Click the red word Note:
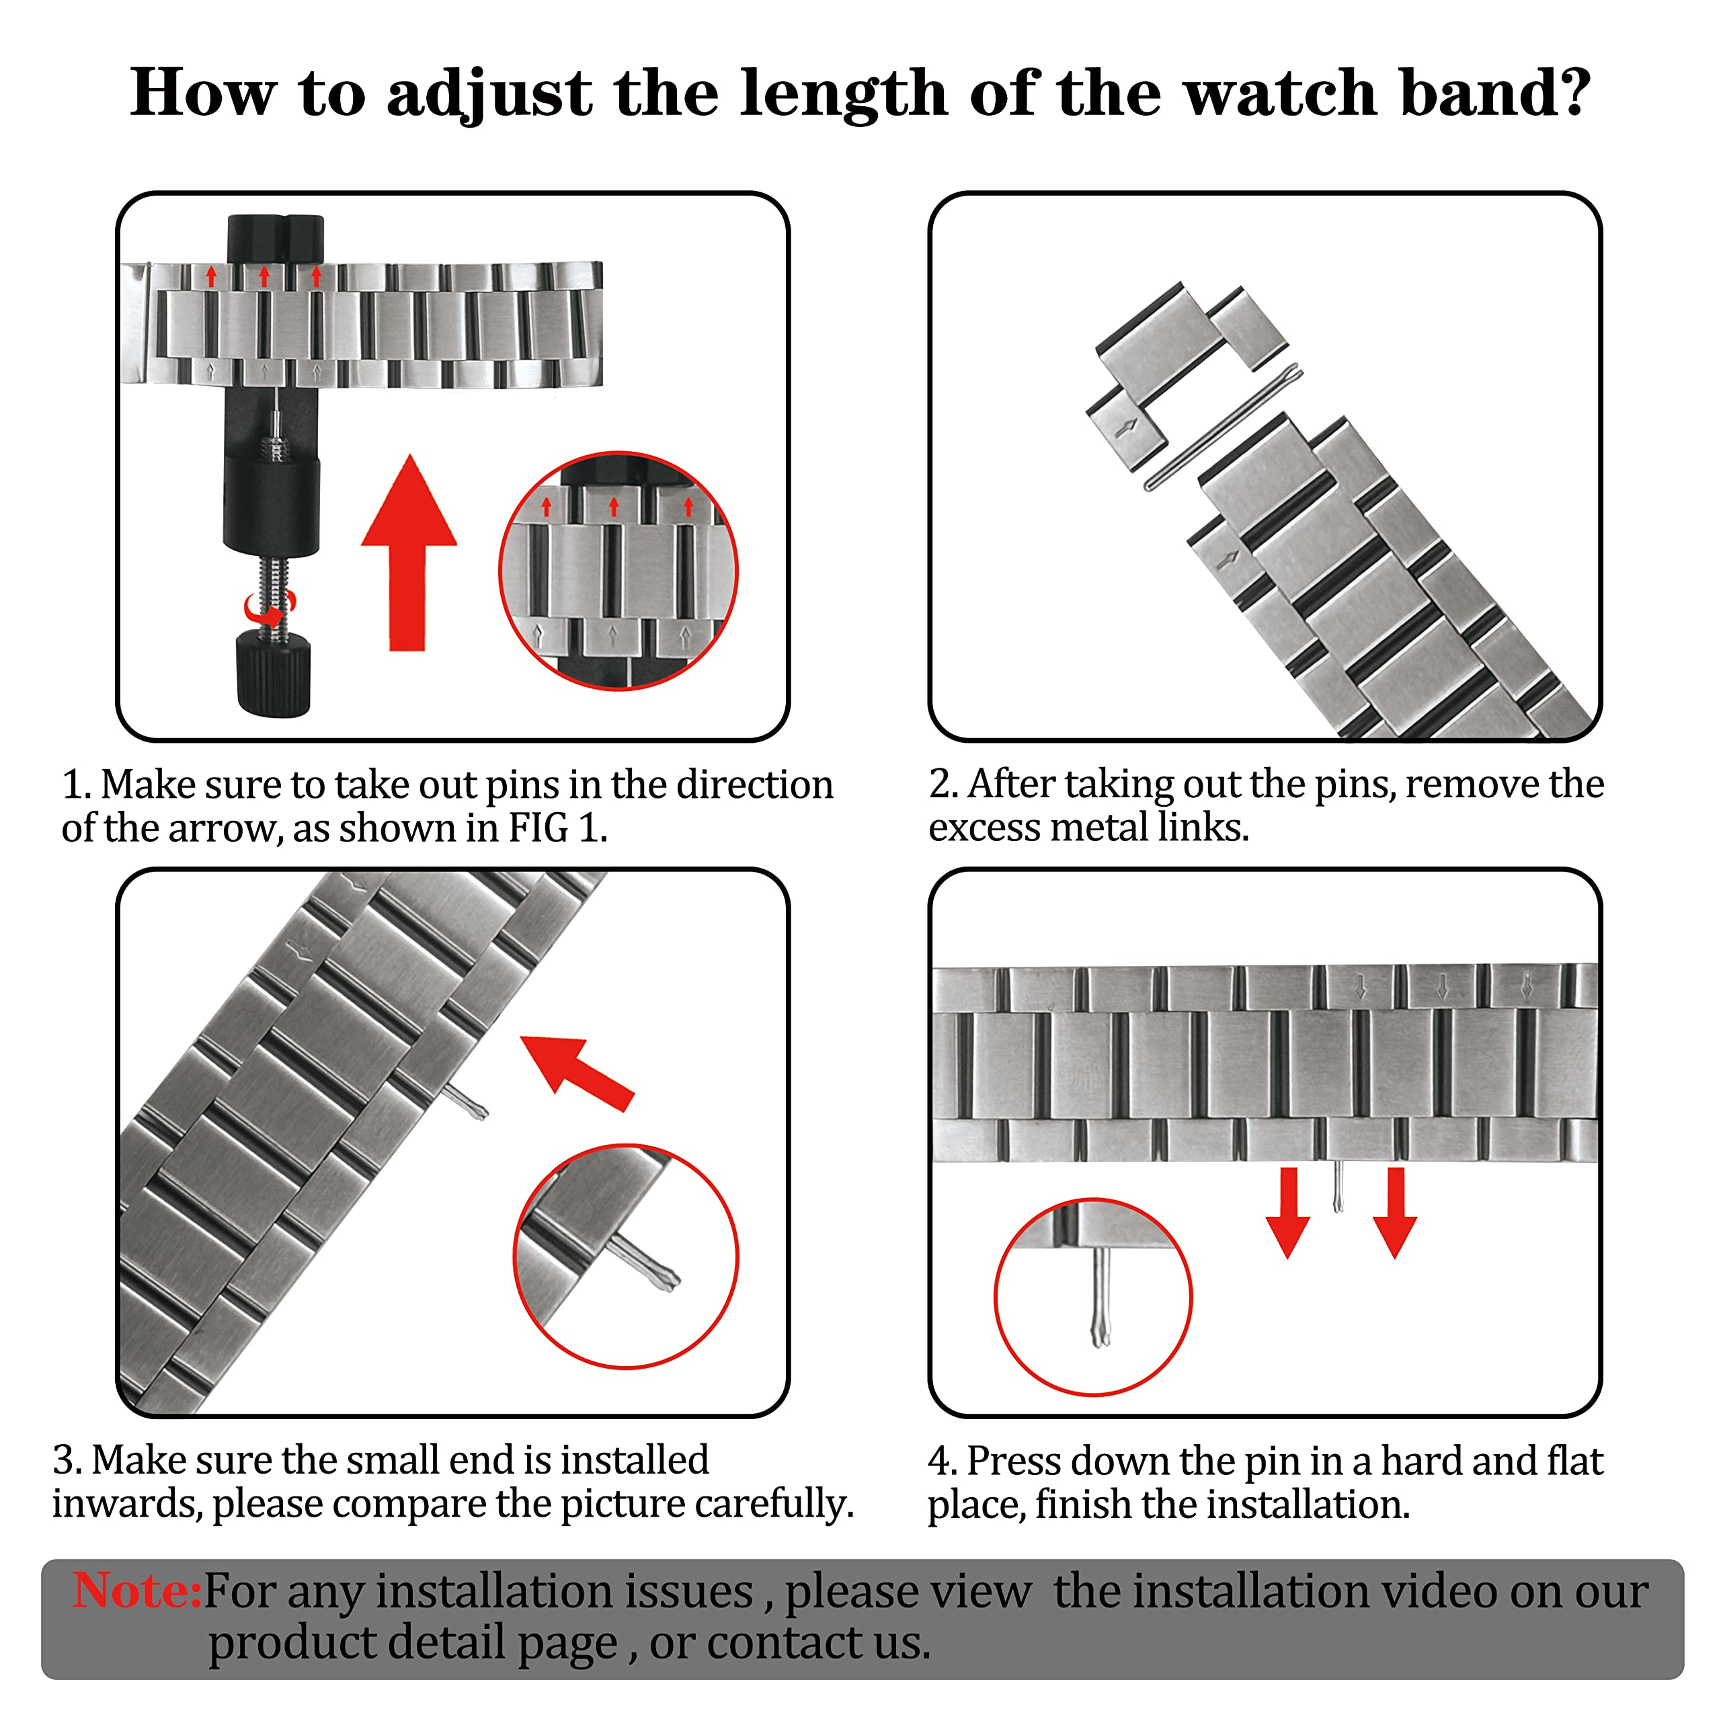click(137, 1592)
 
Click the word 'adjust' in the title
click(489, 94)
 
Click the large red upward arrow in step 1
click(409, 553)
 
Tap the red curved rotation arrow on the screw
click(268, 611)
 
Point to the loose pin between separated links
click(1222, 428)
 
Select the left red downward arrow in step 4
click(1288, 1211)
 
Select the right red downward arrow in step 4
click(1395, 1211)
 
